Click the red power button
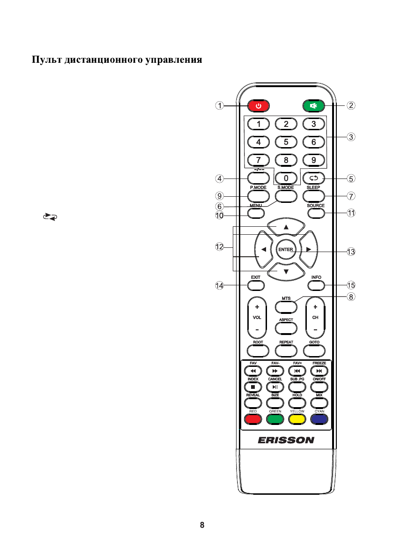259,106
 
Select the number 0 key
286,179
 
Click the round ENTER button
286,250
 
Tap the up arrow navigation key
286,227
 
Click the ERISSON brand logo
286,440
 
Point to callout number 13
351,252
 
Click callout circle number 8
351,297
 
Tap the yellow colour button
297,419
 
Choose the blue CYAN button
320,419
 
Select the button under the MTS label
286,306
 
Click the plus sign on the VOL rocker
257,308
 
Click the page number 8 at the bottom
202,525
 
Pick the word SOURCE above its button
316,206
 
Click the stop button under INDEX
253,387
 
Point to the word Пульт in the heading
46,60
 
